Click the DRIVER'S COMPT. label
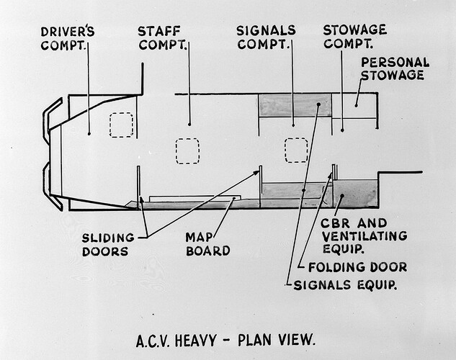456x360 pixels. [67, 38]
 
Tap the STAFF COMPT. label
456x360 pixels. [162, 38]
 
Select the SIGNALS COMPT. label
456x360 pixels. [266, 37]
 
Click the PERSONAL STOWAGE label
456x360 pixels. [395, 68]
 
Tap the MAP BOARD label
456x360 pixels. [207, 244]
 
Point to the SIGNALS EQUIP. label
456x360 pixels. [344, 285]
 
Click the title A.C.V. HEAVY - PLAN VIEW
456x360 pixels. [225, 338]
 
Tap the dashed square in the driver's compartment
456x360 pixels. [121, 125]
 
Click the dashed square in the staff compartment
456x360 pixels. [187, 150]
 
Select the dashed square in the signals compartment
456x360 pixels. [296, 150]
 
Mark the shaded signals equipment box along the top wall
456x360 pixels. [295, 106]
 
